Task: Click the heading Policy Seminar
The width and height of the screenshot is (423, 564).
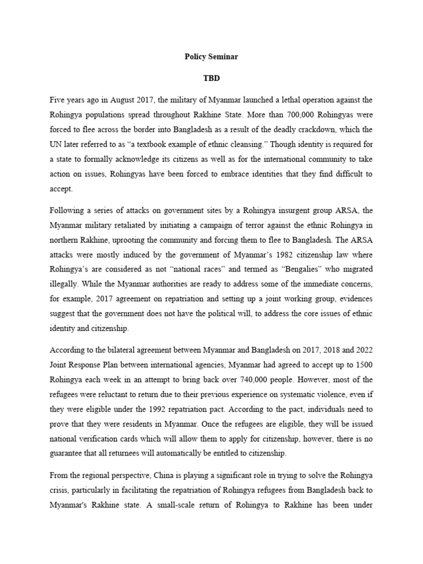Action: pyautogui.click(x=211, y=57)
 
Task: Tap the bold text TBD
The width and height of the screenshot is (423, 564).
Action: pyautogui.click(x=211, y=78)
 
